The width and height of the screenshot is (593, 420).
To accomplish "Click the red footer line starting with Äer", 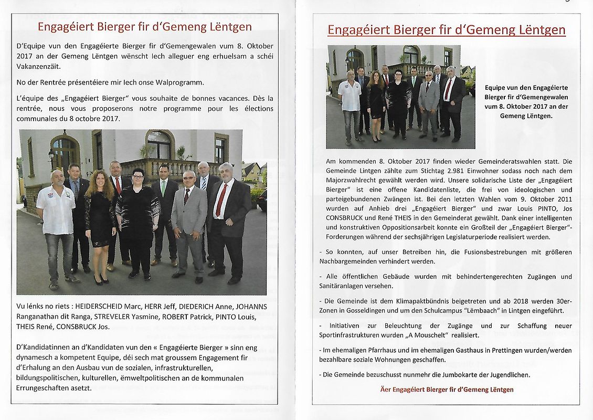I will point(447,390).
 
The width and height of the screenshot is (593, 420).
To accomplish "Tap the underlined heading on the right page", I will point(446,30).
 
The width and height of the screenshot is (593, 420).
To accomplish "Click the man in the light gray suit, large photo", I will point(188,220).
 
